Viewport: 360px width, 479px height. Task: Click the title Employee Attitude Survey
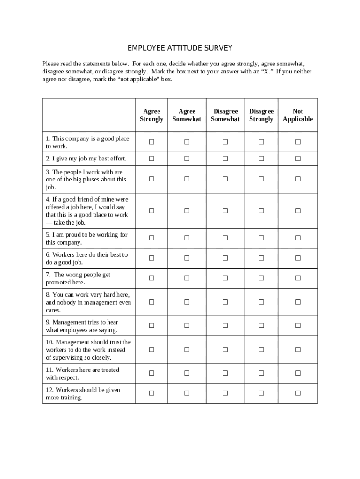click(x=180, y=48)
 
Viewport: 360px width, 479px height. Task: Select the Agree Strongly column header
click(x=151, y=115)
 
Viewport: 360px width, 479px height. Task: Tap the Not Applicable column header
click(x=298, y=115)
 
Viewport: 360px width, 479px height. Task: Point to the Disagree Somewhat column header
click(x=225, y=115)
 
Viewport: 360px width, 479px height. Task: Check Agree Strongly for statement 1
click(x=151, y=142)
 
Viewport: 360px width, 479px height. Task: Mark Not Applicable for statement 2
click(x=298, y=159)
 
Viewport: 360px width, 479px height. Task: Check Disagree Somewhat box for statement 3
click(x=225, y=179)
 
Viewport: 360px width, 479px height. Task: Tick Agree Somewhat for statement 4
click(x=187, y=210)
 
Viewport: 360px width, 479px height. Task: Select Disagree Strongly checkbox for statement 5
click(x=261, y=238)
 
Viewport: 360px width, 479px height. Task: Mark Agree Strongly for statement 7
click(x=151, y=278)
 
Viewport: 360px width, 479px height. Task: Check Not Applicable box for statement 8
click(x=298, y=302)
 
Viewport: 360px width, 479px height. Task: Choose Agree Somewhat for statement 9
click(x=187, y=326)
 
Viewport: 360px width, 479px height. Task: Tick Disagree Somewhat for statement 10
click(x=225, y=349)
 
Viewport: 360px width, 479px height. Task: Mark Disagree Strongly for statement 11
click(x=261, y=373)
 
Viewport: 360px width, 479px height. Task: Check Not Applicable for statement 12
click(x=298, y=393)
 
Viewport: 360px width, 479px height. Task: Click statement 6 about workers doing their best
click(x=86, y=258)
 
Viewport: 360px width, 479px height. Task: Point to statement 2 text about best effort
click(x=86, y=159)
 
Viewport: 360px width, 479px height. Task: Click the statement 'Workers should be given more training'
click(x=83, y=393)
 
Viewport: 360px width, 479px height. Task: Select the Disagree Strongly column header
click(x=261, y=115)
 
